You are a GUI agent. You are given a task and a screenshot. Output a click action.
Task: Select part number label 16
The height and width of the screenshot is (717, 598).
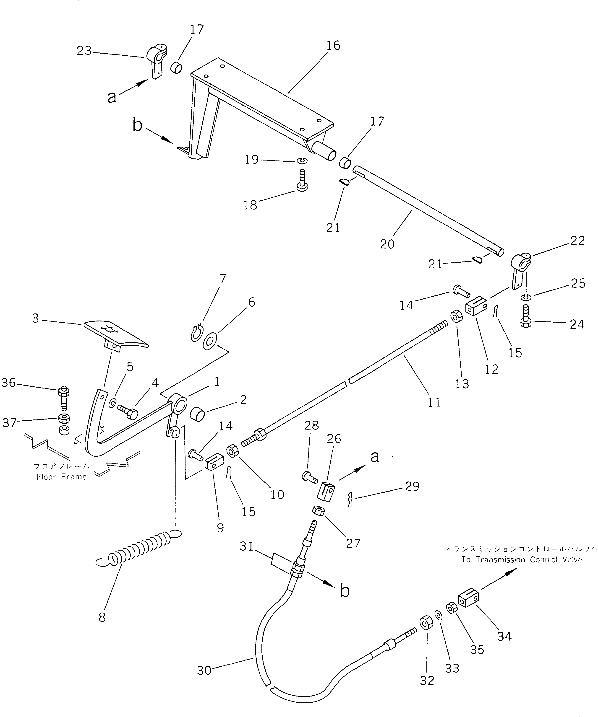333,45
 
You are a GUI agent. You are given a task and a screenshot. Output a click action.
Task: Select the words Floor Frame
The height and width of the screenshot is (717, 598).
62,477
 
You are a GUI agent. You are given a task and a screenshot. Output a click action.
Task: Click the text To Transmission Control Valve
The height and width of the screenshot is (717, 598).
521,560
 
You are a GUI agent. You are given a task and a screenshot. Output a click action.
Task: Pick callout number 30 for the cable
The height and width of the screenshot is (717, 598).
204,670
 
